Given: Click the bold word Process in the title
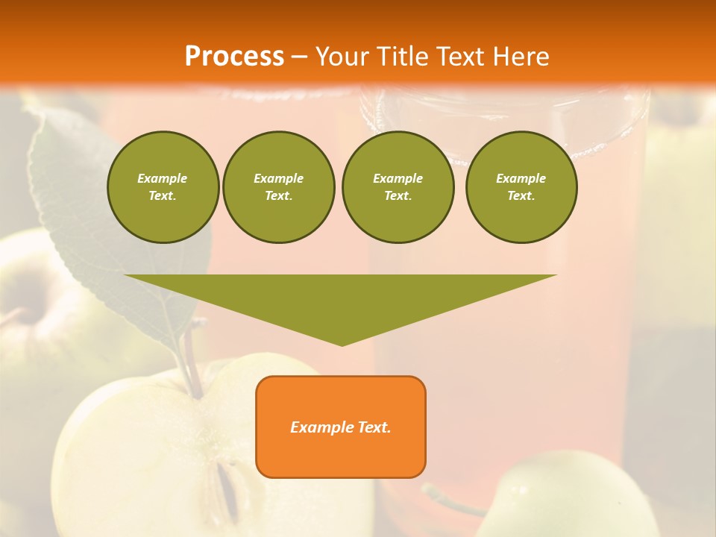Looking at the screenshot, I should [234, 57].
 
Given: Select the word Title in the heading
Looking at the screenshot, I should [401, 57].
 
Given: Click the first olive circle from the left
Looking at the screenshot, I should [163, 187].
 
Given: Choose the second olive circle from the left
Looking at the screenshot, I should [278, 187].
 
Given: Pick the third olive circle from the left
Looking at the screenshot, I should [398, 187].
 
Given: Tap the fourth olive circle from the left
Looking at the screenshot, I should [521, 187].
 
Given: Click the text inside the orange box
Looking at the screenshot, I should [341, 427].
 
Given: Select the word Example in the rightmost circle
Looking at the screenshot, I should [521, 178].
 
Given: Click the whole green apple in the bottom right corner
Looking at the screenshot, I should [567, 496].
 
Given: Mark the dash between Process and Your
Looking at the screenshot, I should [299, 57].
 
